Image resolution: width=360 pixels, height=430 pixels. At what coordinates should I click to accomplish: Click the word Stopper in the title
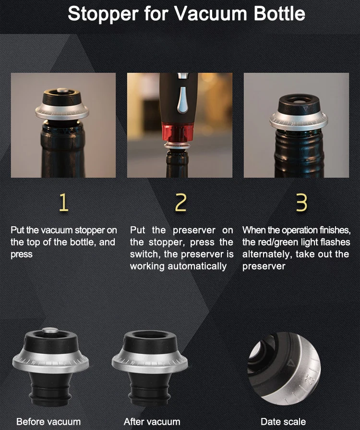coord(103,14)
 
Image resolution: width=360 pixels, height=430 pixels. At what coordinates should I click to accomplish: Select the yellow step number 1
coord(63,202)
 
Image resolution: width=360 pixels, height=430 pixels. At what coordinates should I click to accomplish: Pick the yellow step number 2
coord(180,202)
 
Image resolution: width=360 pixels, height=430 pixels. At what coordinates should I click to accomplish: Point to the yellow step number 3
coord(301,202)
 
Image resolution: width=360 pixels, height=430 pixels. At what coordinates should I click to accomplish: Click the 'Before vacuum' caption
coord(48,421)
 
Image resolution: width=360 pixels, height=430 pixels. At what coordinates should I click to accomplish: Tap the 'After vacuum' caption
coord(152,421)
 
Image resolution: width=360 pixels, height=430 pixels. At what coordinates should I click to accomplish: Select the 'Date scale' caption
coord(283,421)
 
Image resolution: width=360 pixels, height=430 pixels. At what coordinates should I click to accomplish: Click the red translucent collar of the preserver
coord(178,133)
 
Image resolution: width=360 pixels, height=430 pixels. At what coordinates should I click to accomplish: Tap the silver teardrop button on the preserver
coord(183,100)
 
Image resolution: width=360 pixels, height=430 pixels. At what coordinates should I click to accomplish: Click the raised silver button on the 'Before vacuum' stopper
coord(50,330)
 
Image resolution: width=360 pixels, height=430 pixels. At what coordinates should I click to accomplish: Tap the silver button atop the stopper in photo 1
coord(63,90)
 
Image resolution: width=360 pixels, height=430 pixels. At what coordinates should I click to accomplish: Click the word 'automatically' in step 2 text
coord(197,266)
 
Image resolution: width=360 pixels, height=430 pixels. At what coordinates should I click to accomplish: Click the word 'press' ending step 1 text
coord(22,255)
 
